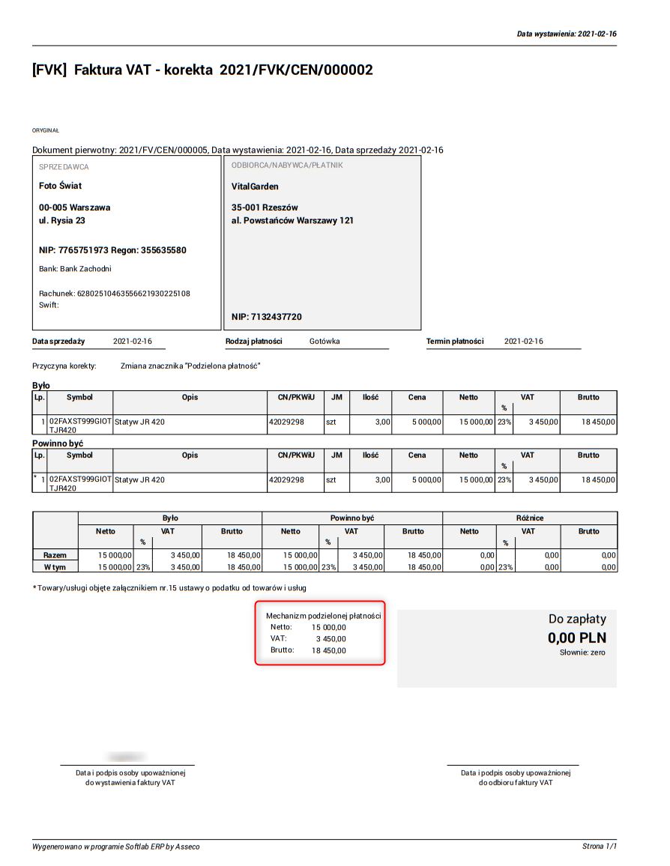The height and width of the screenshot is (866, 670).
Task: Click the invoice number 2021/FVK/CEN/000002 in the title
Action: (x=296, y=70)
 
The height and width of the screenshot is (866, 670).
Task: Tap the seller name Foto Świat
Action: (x=61, y=186)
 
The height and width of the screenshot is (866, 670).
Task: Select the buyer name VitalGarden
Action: (x=255, y=186)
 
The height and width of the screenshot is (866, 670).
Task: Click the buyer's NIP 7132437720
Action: (x=277, y=317)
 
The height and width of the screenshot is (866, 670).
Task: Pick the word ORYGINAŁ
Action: (x=46, y=130)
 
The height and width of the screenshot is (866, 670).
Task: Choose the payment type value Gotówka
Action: (x=325, y=342)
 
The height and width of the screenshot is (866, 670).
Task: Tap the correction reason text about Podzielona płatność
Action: (x=190, y=366)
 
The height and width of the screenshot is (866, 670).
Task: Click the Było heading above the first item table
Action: (x=41, y=385)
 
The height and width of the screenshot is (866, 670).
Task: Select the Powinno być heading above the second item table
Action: (x=58, y=443)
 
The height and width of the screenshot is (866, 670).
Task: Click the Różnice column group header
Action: (x=530, y=518)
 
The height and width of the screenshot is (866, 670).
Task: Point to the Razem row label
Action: (x=55, y=555)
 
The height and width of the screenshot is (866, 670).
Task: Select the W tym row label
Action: (x=55, y=567)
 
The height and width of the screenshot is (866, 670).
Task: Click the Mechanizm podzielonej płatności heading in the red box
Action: (x=324, y=616)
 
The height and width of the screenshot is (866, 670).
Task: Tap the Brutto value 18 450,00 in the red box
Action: (x=329, y=650)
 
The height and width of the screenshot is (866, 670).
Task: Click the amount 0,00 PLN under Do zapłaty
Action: (x=576, y=638)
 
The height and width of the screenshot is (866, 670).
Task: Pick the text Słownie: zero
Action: (x=582, y=653)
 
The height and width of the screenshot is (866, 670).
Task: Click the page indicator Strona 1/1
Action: (x=599, y=847)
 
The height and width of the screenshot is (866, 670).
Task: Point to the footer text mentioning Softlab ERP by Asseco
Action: (x=116, y=847)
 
